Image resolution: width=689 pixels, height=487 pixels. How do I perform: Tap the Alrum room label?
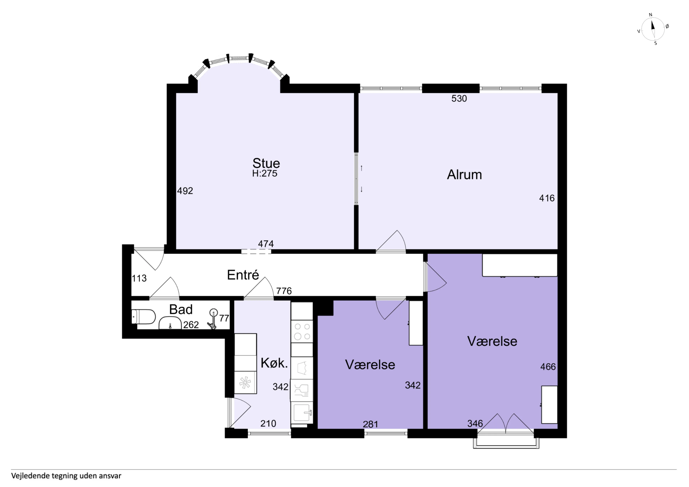point(465,175)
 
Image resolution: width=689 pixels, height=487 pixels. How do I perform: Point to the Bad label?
point(181,309)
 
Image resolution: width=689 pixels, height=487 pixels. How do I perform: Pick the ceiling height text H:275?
point(265,173)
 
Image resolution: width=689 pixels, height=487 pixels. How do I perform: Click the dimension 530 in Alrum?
point(459,98)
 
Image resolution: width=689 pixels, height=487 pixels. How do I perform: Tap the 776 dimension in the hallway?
point(284,291)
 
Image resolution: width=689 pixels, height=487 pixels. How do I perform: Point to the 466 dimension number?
point(548,367)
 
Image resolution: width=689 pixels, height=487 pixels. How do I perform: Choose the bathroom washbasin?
point(170,323)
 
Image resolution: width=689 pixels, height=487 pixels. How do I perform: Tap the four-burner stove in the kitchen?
point(302,331)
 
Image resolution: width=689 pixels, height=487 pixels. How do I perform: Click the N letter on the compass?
point(651,15)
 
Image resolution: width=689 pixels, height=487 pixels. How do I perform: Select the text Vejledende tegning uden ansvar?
point(66,476)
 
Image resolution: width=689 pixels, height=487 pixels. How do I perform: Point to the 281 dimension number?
point(370,424)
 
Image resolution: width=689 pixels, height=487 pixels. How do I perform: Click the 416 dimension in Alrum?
point(547,198)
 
